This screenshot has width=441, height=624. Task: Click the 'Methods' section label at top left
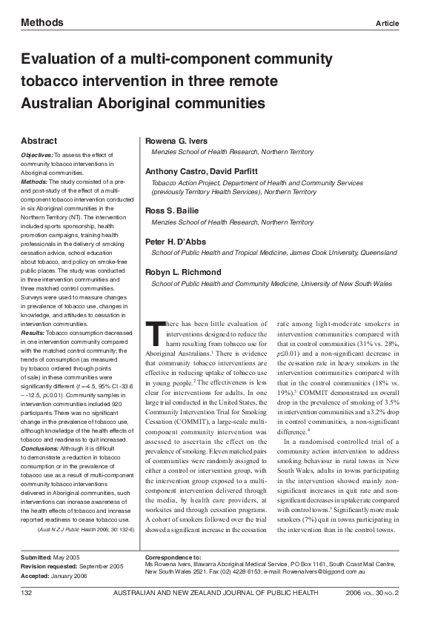42,23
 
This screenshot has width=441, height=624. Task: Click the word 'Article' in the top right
388,24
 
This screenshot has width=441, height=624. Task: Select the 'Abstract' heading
39,141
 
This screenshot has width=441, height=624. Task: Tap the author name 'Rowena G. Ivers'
176,141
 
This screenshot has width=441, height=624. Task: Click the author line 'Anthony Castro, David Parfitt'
201,171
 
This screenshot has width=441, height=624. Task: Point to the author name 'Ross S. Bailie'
172,211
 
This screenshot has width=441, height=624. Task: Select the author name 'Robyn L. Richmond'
182,273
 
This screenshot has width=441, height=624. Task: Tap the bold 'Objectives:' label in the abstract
36,154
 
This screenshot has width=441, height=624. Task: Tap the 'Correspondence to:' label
173,556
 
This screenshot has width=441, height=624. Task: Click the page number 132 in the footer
27,593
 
